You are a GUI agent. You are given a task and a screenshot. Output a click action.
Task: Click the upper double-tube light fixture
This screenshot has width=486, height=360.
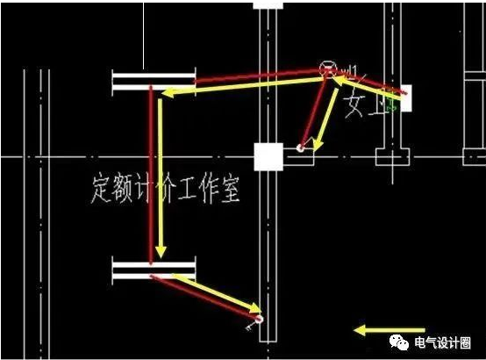154,83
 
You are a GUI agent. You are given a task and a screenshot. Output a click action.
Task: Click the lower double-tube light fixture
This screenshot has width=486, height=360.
154,270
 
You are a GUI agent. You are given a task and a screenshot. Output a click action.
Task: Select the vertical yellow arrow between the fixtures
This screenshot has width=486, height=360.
161,176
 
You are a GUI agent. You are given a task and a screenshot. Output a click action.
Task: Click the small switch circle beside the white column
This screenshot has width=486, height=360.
300,148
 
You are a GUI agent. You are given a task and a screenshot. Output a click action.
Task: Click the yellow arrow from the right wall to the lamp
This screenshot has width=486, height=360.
368,85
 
